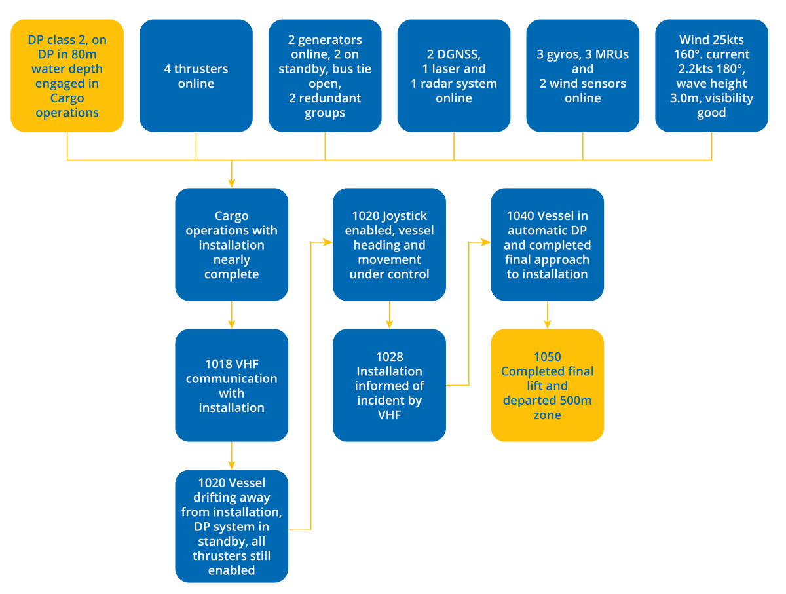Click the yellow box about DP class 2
click(67, 76)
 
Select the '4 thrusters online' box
click(196, 76)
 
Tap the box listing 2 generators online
click(325, 76)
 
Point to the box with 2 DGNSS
click(453, 76)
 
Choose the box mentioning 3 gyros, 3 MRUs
click(582, 76)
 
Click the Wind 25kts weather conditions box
click(711, 76)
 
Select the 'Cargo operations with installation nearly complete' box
click(231, 244)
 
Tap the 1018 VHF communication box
click(231, 385)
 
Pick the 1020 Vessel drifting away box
click(231, 526)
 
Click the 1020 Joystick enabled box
click(389, 244)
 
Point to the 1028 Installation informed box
click(389, 385)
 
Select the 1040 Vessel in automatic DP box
click(547, 244)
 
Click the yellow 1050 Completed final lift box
click(547, 385)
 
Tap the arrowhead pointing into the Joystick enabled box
click(327, 242)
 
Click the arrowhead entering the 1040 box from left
click(485, 242)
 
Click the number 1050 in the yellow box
click(547, 357)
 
